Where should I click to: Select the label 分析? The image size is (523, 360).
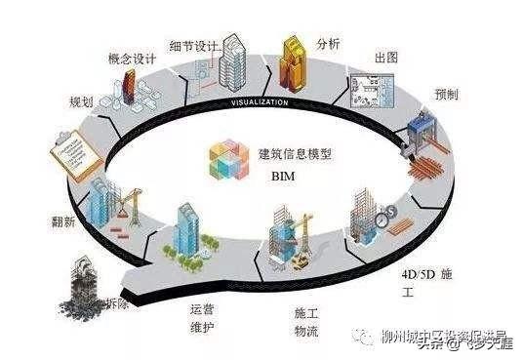tap(329, 43)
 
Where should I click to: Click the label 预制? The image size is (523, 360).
tap(448, 96)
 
